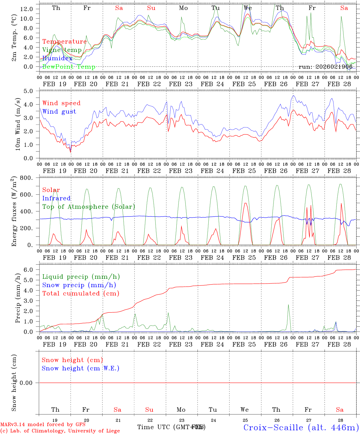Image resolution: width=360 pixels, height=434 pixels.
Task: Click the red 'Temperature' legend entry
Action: [x=64, y=42]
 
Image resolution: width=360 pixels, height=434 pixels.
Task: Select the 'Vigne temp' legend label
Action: [x=62, y=50]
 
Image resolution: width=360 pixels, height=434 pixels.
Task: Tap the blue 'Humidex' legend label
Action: [x=57, y=58]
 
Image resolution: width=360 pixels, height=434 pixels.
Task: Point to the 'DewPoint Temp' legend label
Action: [x=69, y=67]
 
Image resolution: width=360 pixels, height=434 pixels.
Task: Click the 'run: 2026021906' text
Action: [x=325, y=67]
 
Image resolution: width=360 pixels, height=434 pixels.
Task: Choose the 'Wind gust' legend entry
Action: [x=59, y=112]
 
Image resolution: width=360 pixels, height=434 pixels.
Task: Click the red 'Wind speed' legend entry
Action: [x=61, y=103]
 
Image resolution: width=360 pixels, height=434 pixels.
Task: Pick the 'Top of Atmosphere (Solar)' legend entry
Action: [x=88, y=207]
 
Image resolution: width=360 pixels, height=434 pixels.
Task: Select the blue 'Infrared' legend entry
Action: [x=56, y=198]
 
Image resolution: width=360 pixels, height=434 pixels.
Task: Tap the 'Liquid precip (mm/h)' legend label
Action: [x=81, y=277]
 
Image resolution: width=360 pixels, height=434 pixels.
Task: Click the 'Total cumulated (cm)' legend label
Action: [x=81, y=293]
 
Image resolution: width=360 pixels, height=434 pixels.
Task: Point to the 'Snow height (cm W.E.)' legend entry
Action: [x=81, y=368]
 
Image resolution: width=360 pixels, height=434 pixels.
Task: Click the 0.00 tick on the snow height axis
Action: [x=29, y=383]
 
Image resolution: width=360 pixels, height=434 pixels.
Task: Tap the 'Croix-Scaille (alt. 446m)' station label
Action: [x=301, y=427]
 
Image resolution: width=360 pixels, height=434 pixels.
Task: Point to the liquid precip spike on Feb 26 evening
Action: [x=288, y=305]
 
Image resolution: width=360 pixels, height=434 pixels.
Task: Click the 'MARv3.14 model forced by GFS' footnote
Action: [x=43, y=425]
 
